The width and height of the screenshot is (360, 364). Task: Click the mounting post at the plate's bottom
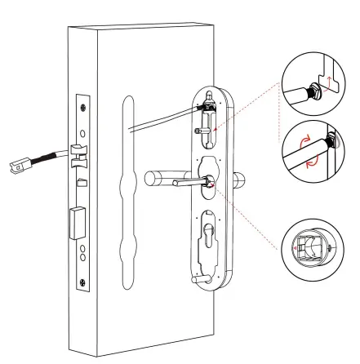point(197,278)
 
